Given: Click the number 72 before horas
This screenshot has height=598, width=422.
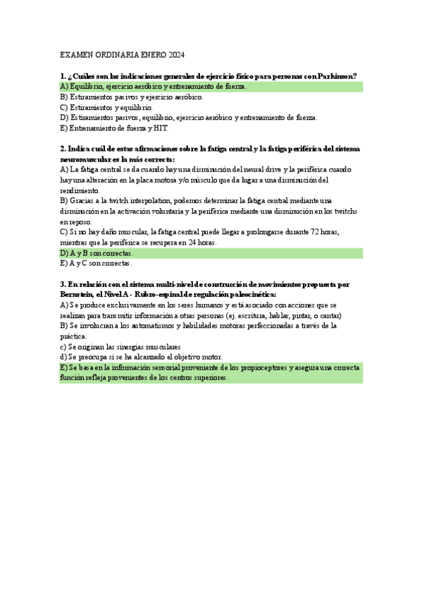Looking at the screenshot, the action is [x=321, y=232].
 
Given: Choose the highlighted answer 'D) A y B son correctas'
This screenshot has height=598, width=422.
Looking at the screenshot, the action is [x=97, y=252].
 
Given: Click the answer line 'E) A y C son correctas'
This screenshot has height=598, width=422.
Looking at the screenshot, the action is [x=96, y=263].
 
